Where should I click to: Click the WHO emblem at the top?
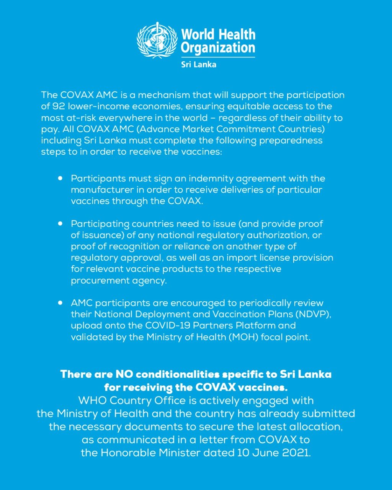pyautogui.click(x=157, y=40)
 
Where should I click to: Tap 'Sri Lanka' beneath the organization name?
pyautogui.click(x=198, y=64)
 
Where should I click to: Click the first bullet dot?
pyautogui.click(x=60, y=178)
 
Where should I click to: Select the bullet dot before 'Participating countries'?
pyautogui.click(x=60, y=224)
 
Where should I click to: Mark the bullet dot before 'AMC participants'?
pyautogui.click(x=60, y=303)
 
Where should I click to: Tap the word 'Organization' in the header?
pyautogui.click(x=218, y=49)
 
